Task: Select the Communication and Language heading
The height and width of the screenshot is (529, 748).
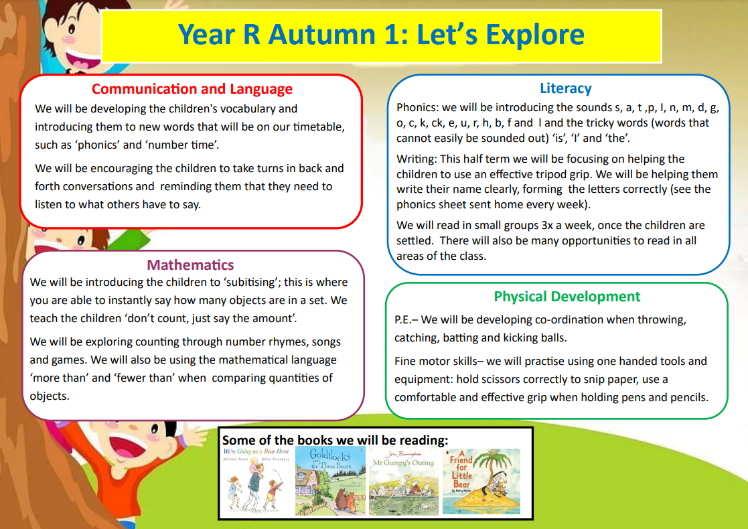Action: click(192, 89)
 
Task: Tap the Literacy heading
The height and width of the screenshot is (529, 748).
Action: click(565, 88)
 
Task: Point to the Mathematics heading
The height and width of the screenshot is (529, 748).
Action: click(190, 265)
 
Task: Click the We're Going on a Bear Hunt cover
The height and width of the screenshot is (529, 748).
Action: click(256, 481)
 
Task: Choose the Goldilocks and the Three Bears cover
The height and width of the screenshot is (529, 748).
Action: click(330, 481)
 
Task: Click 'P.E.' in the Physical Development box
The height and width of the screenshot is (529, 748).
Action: click(404, 320)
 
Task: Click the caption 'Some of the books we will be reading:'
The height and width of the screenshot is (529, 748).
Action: click(335, 440)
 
